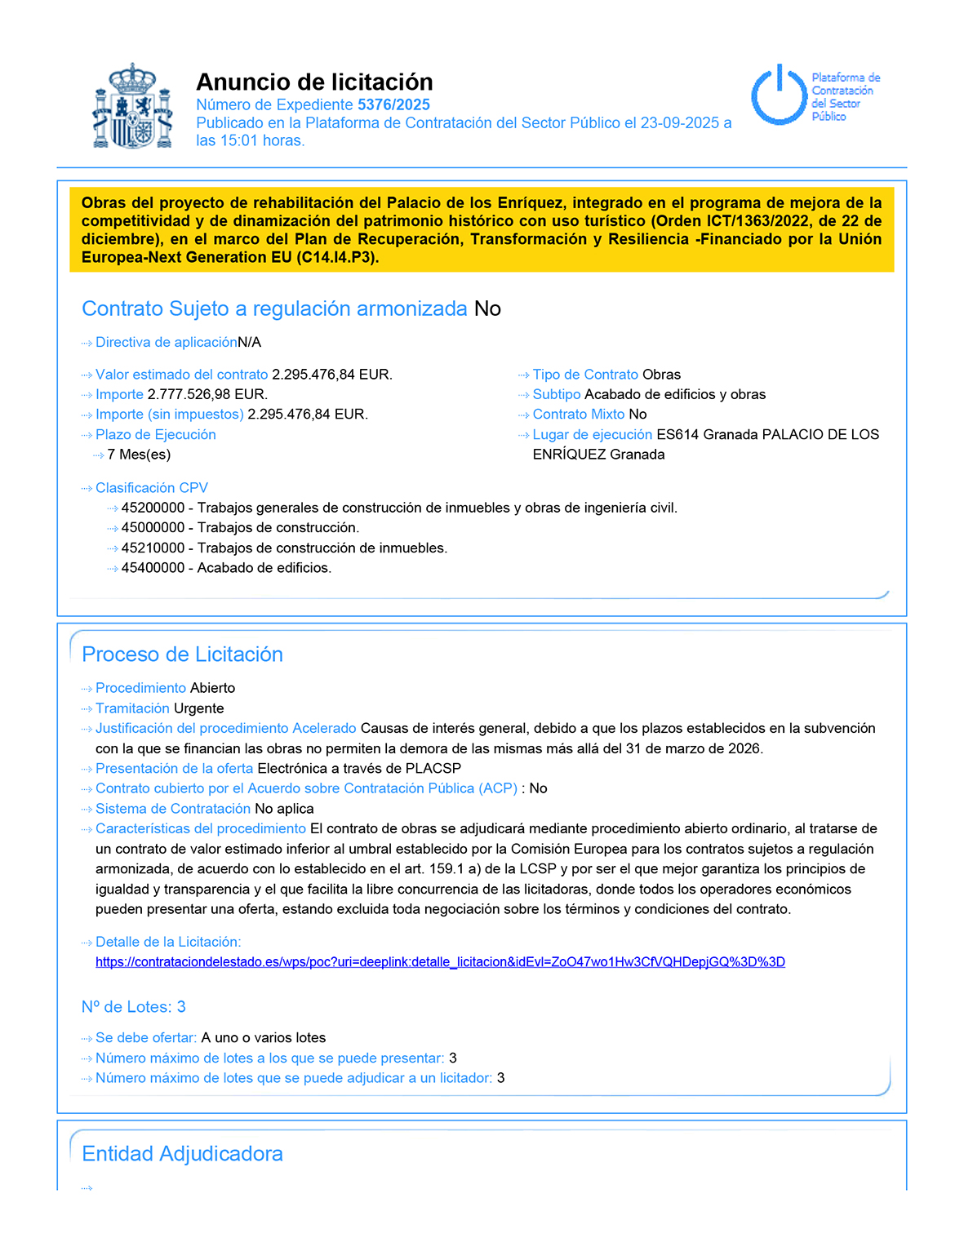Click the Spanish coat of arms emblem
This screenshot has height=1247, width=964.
[133, 107]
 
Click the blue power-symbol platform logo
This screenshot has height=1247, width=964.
[779, 95]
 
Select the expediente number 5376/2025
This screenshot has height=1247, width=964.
[393, 104]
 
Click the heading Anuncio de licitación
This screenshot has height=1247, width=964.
[314, 82]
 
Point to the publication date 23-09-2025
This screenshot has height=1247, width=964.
[679, 122]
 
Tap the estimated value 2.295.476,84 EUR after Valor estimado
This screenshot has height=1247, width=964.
[331, 375]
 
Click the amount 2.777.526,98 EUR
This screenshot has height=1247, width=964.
[207, 394]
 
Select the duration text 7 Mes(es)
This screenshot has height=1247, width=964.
[139, 455]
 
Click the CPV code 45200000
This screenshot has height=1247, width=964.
[153, 508]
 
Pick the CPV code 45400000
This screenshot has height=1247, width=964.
[153, 568]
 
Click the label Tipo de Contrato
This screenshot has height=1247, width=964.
[584, 375]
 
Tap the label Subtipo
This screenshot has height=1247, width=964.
[556, 394]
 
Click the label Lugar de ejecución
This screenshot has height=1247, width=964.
[592, 434]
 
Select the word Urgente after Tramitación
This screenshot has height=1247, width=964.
[198, 708]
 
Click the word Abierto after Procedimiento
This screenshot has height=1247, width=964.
[212, 688]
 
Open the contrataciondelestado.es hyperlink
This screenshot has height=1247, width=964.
[440, 962]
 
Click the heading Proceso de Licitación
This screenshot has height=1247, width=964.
[182, 655]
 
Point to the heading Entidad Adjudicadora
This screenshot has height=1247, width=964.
[182, 1154]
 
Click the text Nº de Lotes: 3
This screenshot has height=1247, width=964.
[133, 1007]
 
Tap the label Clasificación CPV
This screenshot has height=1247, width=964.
[151, 488]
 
